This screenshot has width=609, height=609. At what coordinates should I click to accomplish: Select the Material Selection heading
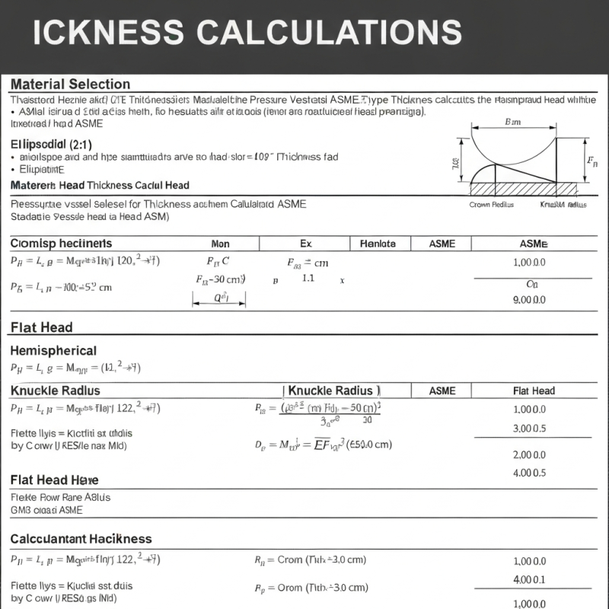(70, 84)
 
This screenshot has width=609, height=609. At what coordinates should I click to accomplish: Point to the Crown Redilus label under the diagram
(491, 205)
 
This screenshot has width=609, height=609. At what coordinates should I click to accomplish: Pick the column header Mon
(220, 244)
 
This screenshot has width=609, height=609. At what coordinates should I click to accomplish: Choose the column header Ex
(306, 244)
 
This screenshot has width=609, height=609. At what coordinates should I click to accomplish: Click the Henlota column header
(378, 244)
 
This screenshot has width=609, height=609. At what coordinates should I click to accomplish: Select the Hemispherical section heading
(53, 351)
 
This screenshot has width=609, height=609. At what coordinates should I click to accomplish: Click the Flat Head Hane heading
(54, 480)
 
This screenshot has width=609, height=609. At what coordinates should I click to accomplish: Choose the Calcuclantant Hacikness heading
(81, 538)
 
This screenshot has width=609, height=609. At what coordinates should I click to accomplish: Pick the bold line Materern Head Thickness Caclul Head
(100, 185)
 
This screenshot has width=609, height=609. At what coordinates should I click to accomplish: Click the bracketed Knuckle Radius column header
(333, 391)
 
